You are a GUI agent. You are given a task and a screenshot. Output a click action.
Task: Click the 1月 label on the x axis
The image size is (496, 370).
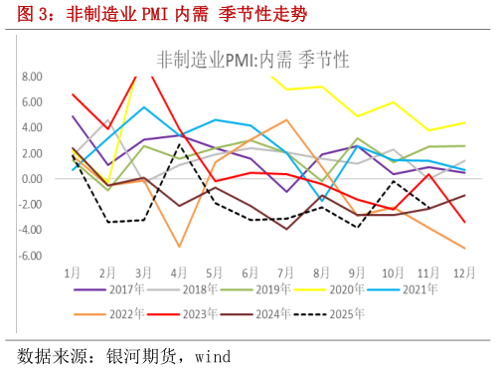tap(73, 271)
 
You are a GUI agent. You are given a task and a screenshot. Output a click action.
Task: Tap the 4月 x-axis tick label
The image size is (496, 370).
tap(179, 271)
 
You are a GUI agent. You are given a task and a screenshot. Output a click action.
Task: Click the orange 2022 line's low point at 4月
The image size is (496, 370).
tap(180, 247)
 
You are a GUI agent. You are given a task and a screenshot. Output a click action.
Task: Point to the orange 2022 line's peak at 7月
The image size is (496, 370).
tap(286, 119)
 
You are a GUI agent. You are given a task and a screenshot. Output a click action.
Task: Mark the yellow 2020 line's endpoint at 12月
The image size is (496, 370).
tap(464, 122)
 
